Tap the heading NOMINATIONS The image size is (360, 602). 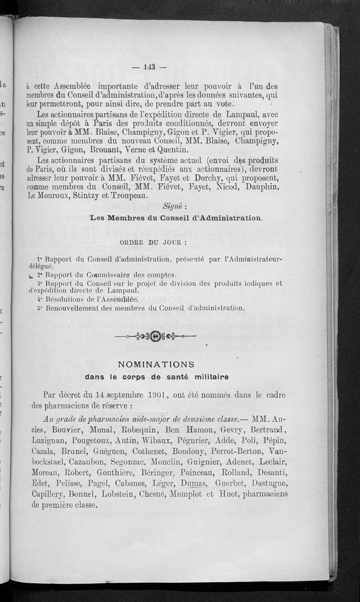(x=156, y=364)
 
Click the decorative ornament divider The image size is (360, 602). (x=156, y=335)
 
